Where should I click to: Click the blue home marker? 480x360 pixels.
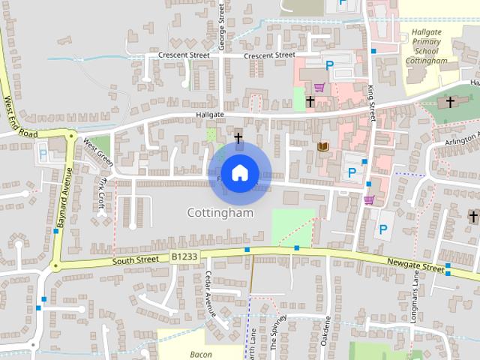(x=238, y=173)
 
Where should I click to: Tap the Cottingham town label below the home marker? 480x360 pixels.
(x=220, y=213)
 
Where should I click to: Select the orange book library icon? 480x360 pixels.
(x=323, y=146)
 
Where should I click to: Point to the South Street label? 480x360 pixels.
(x=136, y=260)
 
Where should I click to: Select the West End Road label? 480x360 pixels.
(x=19, y=116)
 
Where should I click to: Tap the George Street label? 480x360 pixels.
(x=222, y=27)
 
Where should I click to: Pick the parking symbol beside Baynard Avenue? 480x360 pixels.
(x=43, y=154)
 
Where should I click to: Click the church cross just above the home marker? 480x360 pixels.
(x=238, y=138)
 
